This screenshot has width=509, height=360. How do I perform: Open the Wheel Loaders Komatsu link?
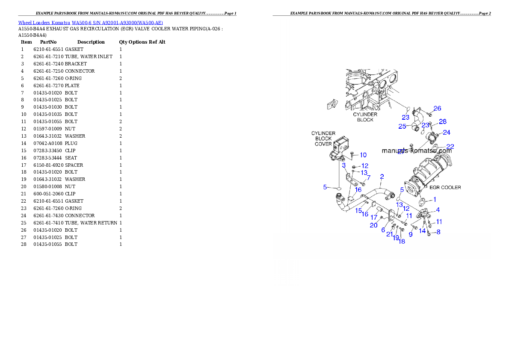click(x=44, y=23)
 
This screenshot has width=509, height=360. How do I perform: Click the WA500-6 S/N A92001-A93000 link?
click(x=117, y=23)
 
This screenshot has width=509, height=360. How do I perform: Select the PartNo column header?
click(x=48, y=42)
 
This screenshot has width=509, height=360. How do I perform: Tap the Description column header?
click(x=91, y=42)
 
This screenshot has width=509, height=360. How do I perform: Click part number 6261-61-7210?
click(x=48, y=56)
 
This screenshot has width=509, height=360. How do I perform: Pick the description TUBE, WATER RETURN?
click(x=91, y=223)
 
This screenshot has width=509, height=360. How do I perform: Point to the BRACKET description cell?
click(x=76, y=64)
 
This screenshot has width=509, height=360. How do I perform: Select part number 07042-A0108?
click(x=48, y=143)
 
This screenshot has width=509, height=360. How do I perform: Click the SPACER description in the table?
click(x=74, y=165)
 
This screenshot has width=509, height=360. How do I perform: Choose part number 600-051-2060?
click(x=48, y=194)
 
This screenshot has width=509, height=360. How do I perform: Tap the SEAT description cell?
click(x=71, y=158)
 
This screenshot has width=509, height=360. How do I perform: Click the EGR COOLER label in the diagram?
click(x=445, y=187)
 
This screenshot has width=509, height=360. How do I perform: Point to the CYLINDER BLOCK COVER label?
click(x=323, y=139)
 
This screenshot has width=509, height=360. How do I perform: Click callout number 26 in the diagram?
click(x=437, y=109)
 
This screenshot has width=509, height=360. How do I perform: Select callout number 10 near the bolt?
click(x=363, y=155)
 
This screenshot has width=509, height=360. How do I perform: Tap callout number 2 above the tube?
click(x=382, y=177)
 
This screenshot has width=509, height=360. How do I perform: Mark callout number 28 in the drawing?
click(x=443, y=121)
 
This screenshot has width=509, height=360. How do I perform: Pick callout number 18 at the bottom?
click(x=402, y=241)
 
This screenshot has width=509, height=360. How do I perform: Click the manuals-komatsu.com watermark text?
click(x=417, y=150)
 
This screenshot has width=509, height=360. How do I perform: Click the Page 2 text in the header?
click(x=485, y=13)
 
